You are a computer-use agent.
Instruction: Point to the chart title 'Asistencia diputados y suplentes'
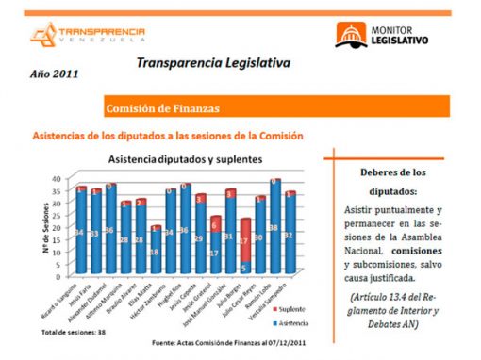pyautogui.click(x=184, y=160)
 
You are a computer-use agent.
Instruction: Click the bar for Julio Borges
pyautogui.click(x=245, y=250)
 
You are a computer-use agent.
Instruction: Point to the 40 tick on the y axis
pyautogui.click(x=56, y=178)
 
